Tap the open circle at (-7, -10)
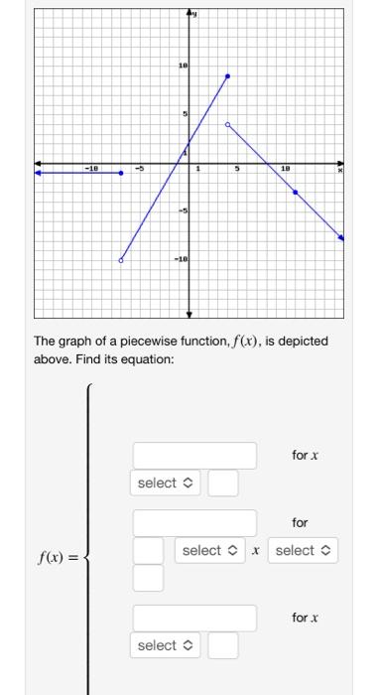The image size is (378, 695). pyautogui.click(x=121, y=260)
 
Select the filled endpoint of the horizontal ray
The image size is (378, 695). pyautogui.click(x=121, y=173)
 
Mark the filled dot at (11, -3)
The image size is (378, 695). pyautogui.click(x=295, y=192)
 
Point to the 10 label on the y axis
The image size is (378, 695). pyautogui.click(x=182, y=67)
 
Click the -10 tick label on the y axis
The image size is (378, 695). pyautogui.click(x=180, y=259)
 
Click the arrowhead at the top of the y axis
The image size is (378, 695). pyautogui.click(x=190, y=15)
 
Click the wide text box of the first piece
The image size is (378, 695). pyautogui.click(x=194, y=456)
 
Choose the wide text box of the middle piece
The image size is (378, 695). pyautogui.click(x=194, y=522)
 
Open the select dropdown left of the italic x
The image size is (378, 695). pyautogui.click(x=209, y=550)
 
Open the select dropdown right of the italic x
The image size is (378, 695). pyautogui.click(x=304, y=550)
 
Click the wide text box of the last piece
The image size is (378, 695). pyautogui.click(x=194, y=618)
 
